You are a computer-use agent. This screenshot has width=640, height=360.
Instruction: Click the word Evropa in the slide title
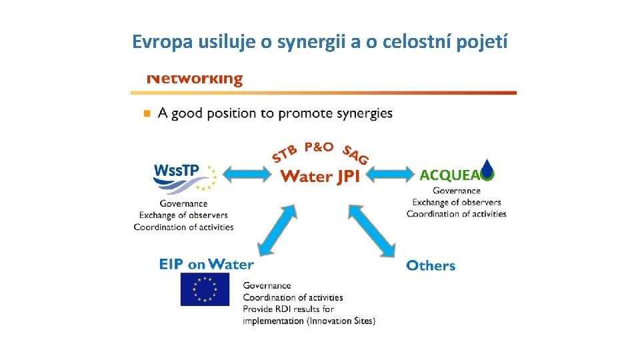(x=162, y=42)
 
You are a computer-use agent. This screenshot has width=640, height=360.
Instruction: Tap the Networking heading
(x=195, y=79)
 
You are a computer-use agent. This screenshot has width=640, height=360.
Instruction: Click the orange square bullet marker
(x=147, y=113)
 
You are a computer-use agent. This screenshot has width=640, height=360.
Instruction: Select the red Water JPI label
(x=320, y=176)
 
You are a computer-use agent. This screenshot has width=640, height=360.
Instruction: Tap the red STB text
(x=284, y=155)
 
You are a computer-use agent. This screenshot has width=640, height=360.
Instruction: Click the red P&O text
(x=319, y=147)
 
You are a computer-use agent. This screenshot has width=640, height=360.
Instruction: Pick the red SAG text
(x=355, y=155)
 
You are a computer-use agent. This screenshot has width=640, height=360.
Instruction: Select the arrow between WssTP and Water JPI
(x=246, y=175)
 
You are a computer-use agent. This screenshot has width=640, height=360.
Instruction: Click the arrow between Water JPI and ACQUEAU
(x=390, y=175)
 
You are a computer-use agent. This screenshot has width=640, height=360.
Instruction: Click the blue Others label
(x=431, y=265)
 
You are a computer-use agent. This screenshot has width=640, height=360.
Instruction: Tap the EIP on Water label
(x=206, y=264)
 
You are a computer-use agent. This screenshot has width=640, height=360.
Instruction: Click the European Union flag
(x=205, y=290)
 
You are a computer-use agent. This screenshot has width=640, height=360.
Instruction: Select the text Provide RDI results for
(x=288, y=309)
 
